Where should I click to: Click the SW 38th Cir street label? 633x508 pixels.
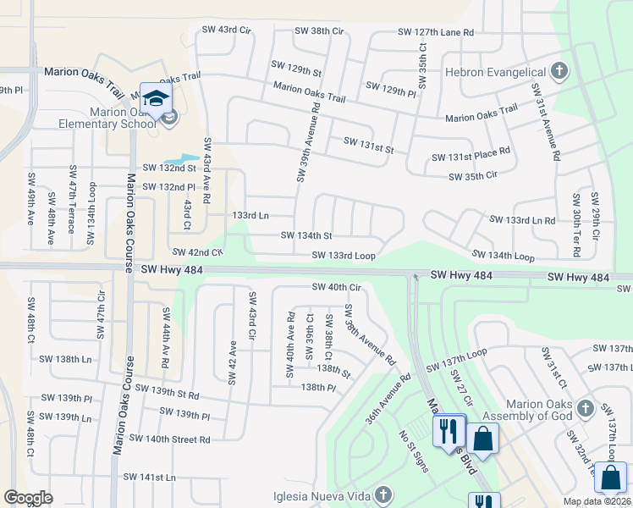(319, 30)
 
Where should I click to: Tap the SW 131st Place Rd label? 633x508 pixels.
(471, 156)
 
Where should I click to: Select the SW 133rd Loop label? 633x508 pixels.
(343, 255)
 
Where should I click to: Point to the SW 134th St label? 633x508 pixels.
(305, 235)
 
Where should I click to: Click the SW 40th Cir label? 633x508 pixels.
(336, 287)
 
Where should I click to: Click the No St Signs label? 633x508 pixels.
(414, 451)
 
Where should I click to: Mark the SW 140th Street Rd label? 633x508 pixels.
(169, 439)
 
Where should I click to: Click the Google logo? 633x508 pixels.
(28, 498)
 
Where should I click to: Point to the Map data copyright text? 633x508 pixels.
(597, 501)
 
